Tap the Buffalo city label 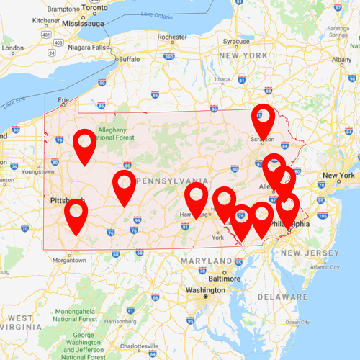point(130,58)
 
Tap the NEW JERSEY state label point(310,253)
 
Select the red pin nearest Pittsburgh point(76,213)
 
